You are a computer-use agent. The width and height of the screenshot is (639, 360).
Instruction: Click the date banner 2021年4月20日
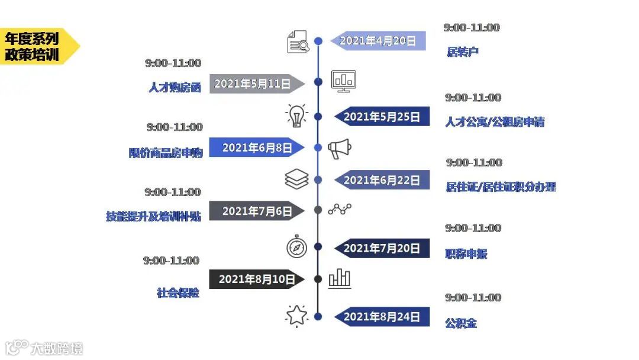[379, 41]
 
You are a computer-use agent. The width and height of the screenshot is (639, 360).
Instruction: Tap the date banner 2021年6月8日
[256, 148]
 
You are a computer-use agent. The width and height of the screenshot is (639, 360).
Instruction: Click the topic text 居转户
[463, 52]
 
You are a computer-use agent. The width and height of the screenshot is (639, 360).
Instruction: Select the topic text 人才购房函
[175, 88]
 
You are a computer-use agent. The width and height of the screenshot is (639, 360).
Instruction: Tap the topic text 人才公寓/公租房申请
[495, 122]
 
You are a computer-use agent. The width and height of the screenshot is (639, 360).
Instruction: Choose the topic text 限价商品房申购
[166, 153]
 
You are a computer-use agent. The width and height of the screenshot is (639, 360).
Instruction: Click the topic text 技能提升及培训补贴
[153, 217]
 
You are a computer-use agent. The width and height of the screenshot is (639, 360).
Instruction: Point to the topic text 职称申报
[466, 254]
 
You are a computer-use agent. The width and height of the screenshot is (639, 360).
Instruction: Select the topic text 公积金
[461, 323]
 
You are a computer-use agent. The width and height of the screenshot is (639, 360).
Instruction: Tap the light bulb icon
[296, 115]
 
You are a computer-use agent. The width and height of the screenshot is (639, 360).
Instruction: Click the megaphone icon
[340, 149]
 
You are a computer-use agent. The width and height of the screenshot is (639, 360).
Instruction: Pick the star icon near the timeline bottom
[296, 316]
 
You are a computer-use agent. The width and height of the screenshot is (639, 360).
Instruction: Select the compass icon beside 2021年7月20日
[296, 247]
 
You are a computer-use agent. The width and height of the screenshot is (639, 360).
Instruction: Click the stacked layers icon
[296, 179]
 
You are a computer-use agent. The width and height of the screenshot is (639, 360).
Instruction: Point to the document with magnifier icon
[298, 42]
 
